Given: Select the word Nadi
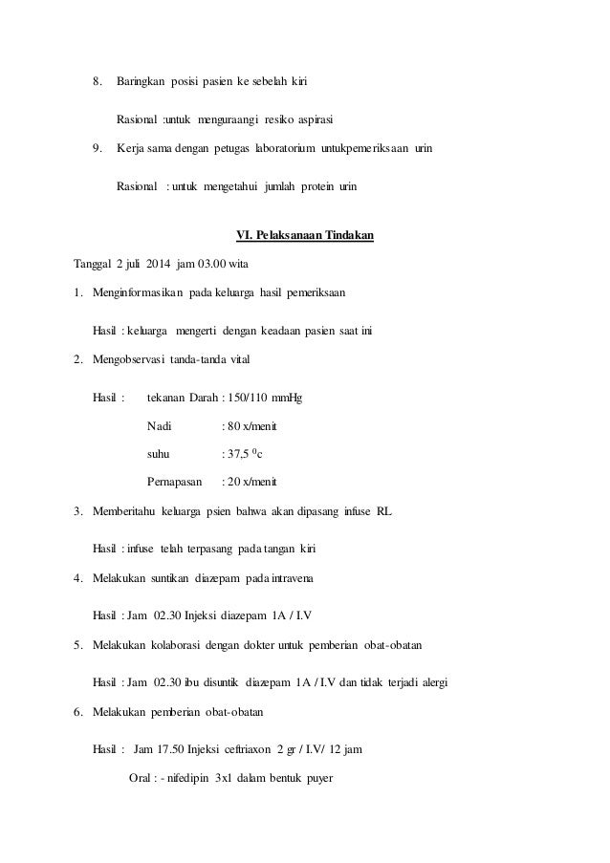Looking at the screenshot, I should [x=161, y=425].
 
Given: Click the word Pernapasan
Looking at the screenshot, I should [x=175, y=482].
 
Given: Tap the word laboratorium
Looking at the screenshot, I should [x=288, y=148].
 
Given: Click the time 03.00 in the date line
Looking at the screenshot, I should [x=229, y=264].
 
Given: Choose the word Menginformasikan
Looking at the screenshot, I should [x=145, y=291].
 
